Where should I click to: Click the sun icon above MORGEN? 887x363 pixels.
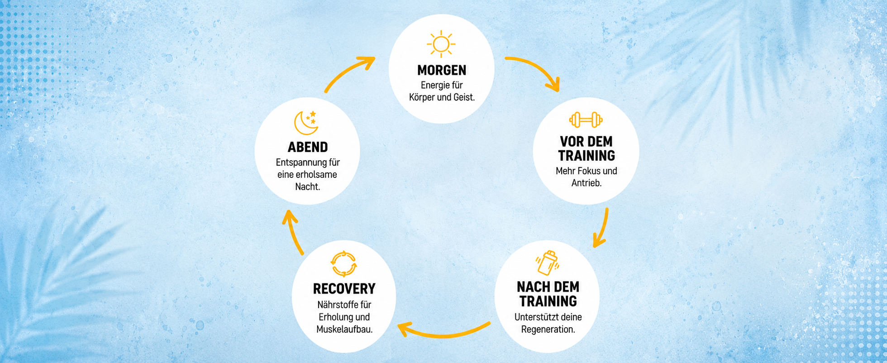tap(441, 44)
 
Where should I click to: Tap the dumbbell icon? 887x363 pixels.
tap(586, 120)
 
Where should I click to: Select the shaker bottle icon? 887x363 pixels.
tap(548, 263)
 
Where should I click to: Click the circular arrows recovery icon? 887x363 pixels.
tap(344, 263)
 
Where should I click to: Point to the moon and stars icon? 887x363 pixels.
tap(306, 123)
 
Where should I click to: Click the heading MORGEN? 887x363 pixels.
tap(442, 70)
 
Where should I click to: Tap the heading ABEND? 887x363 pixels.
tap(308, 147)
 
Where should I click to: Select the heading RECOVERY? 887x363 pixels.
tap(344, 289)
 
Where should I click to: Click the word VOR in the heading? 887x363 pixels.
tap(572, 142)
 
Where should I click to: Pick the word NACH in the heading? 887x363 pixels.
tap(532, 287)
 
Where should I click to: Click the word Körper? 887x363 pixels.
tap(422, 97)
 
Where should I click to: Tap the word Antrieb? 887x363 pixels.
tap(587, 183)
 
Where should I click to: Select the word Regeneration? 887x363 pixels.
tap(548, 330)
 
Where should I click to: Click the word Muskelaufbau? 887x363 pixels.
tap(344, 329)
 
